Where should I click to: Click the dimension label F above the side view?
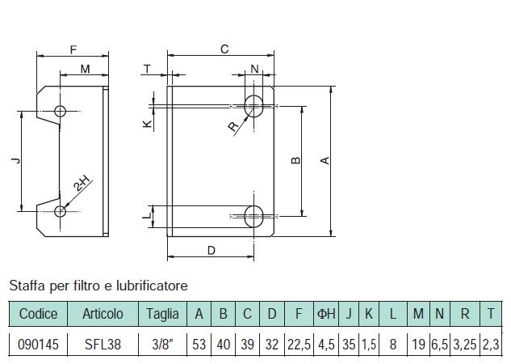[73, 49]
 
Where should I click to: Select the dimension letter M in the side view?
[85, 70]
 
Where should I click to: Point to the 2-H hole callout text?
[83, 183]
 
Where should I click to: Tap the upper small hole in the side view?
[60, 111]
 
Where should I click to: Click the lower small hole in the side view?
[60, 212]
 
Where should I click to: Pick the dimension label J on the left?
[15, 160]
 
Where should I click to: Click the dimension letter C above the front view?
[224, 49]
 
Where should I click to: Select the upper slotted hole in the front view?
[253, 106]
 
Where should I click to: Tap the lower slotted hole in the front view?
[253, 216]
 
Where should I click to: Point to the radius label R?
[233, 126]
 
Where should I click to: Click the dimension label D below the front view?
[212, 251]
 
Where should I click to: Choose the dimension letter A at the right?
[325, 160]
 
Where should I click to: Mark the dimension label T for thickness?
[147, 69]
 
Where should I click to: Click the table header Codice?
[38, 314]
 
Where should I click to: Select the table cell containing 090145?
[38, 345]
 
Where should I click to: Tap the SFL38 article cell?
[103, 345]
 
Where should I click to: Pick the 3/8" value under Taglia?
[162, 345]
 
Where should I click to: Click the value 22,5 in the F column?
[299, 345]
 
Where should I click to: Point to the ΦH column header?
[326, 314]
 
